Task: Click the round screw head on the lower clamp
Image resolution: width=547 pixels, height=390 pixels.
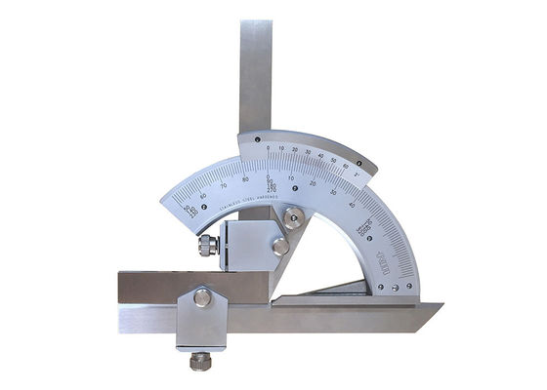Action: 201,298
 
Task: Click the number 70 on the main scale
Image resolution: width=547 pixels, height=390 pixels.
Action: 224,182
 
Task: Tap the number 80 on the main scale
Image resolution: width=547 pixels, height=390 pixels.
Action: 247,176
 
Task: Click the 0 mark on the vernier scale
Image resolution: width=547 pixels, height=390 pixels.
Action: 268,147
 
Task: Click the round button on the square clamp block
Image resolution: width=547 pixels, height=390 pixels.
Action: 280,247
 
